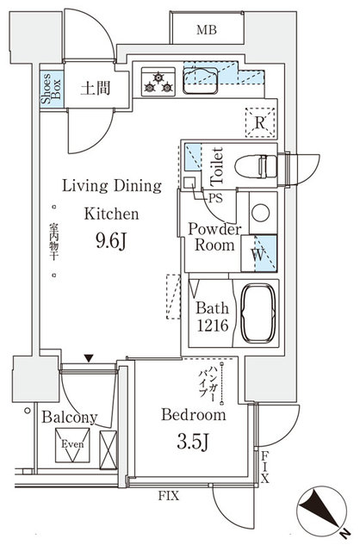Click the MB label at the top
point(207,30)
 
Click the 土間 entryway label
point(94,89)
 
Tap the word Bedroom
point(194,415)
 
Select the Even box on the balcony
point(70,446)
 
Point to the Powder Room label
point(214,237)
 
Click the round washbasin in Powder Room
point(258,211)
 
